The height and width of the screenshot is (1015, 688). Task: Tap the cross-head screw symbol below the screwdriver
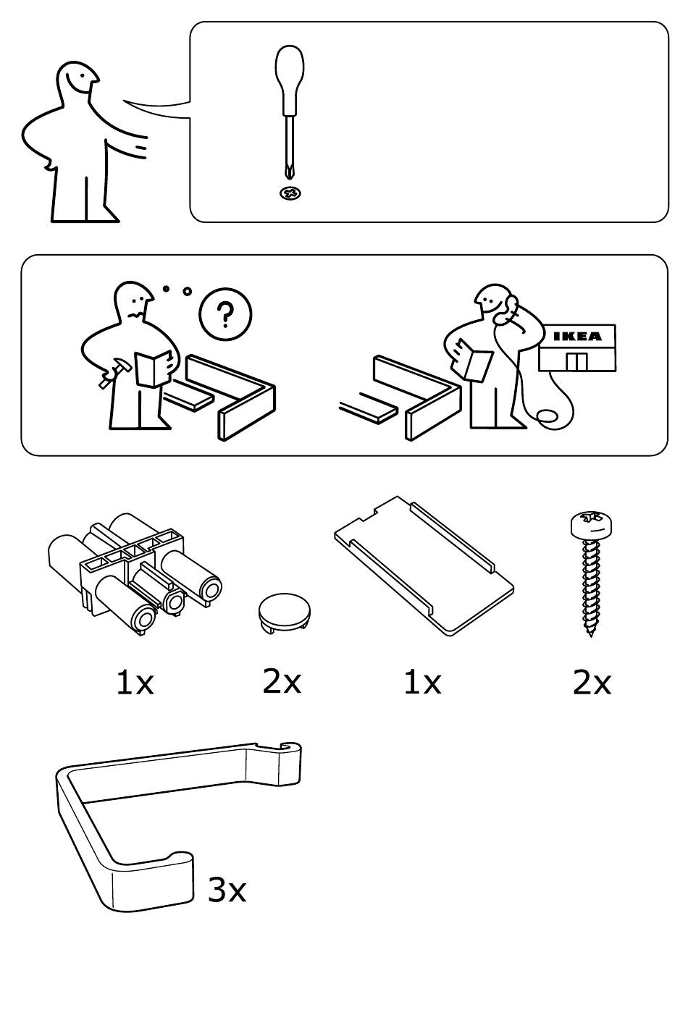[290, 194]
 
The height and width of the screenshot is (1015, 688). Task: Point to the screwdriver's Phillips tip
[289, 172]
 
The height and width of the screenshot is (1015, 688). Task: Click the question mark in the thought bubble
[225, 315]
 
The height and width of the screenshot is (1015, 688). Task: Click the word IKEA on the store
[578, 336]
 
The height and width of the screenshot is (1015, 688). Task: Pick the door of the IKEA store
[576, 361]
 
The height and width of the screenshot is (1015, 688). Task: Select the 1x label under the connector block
[135, 683]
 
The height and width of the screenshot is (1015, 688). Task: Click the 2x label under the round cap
[282, 681]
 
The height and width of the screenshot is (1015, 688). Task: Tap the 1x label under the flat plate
[422, 683]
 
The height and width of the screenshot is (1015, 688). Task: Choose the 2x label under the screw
[592, 683]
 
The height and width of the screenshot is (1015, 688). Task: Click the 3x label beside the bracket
[227, 890]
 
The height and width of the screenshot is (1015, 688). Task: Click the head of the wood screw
[592, 524]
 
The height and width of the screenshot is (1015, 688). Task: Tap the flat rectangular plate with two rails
[424, 566]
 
